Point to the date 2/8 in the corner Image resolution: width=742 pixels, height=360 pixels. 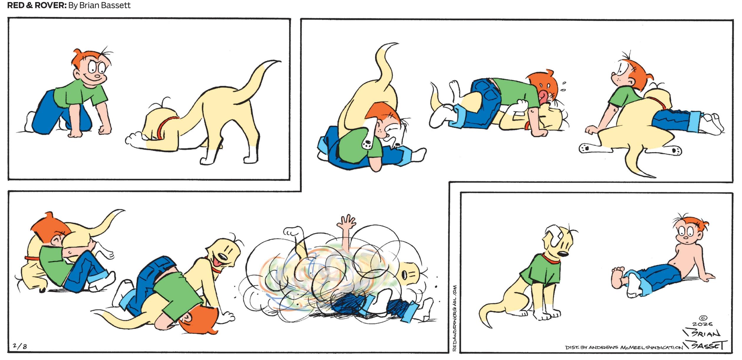(x=20, y=346)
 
